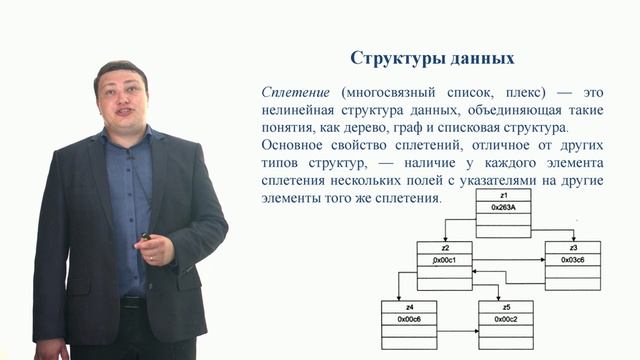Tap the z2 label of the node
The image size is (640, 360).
point(444,247)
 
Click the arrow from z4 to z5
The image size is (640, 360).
point(458,325)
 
